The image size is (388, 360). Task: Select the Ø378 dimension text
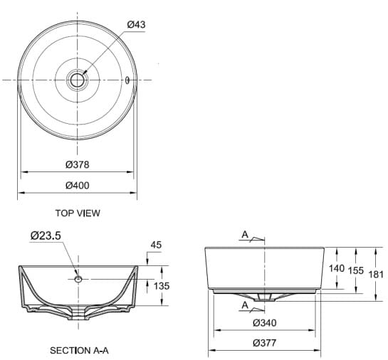pyautogui.click(x=77, y=164)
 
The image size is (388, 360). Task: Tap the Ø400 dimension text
pyautogui.click(x=77, y=185)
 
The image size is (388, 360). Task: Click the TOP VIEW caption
pyautogui.click(x=78, y=213)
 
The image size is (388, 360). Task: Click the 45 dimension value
pyautogui.click(x=156, y=245)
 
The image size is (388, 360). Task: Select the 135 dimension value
pyautogui.click(x=162, y=286)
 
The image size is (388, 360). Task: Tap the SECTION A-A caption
pyautogui.click(x=78, y=350)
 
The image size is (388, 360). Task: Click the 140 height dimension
pyautogui.click(x=337, y=269)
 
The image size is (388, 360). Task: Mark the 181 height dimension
pyautogui.click(x=376, y=273)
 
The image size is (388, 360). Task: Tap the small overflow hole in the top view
pyautogui.click(x=127, y=80)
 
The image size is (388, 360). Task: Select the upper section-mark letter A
pyautogui.click(x=245, y=234)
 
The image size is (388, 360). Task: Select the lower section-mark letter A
pyautogui.click(x=245, y=305)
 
